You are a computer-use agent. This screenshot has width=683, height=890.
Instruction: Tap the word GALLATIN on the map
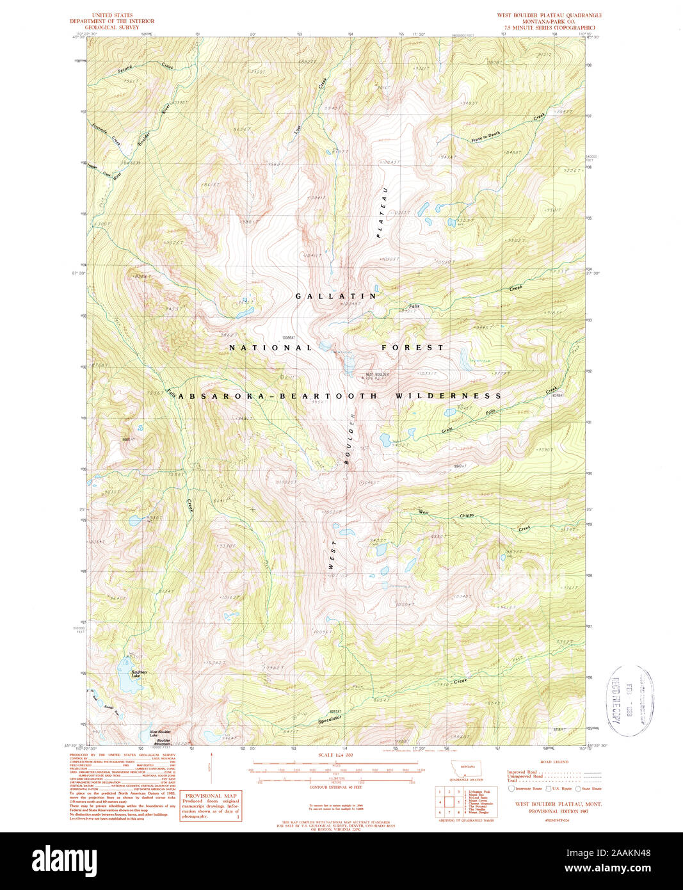click(x=336, y=296)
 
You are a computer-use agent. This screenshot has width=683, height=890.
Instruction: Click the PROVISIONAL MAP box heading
click(x=211, y=795)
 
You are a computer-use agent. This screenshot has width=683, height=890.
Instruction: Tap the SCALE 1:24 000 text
click(x=335, y=756)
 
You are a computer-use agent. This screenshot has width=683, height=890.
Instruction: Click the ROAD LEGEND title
click(x=554, y=762)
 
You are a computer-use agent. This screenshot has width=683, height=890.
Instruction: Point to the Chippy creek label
click(x=467, y=515)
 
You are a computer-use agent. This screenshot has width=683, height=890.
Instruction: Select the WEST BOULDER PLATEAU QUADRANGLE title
click(x=549, y=15)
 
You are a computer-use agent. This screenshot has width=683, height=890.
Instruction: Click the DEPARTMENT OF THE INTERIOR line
click(x=112, y=21)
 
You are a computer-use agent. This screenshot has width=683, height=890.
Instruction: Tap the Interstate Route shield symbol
click(x=511, y=789)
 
